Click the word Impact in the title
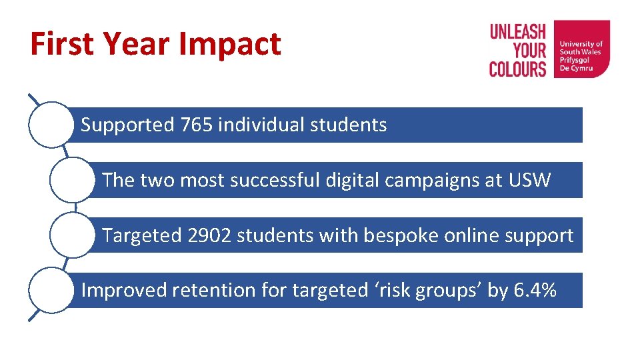(x=230, y=45)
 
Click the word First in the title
(x=63, y=45)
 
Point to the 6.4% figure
(x=535, y=290)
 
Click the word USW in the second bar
(x=530, y=180)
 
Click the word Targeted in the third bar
(x=142, y=235)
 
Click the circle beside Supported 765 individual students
(x=51, y=124)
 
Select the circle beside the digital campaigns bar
(x=72, y=180)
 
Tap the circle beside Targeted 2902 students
(x=72, y=235)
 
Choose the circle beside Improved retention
(x=51, y=290)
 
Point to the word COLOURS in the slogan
(x=517, y=69)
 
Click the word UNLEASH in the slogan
(x=518, y=32)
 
